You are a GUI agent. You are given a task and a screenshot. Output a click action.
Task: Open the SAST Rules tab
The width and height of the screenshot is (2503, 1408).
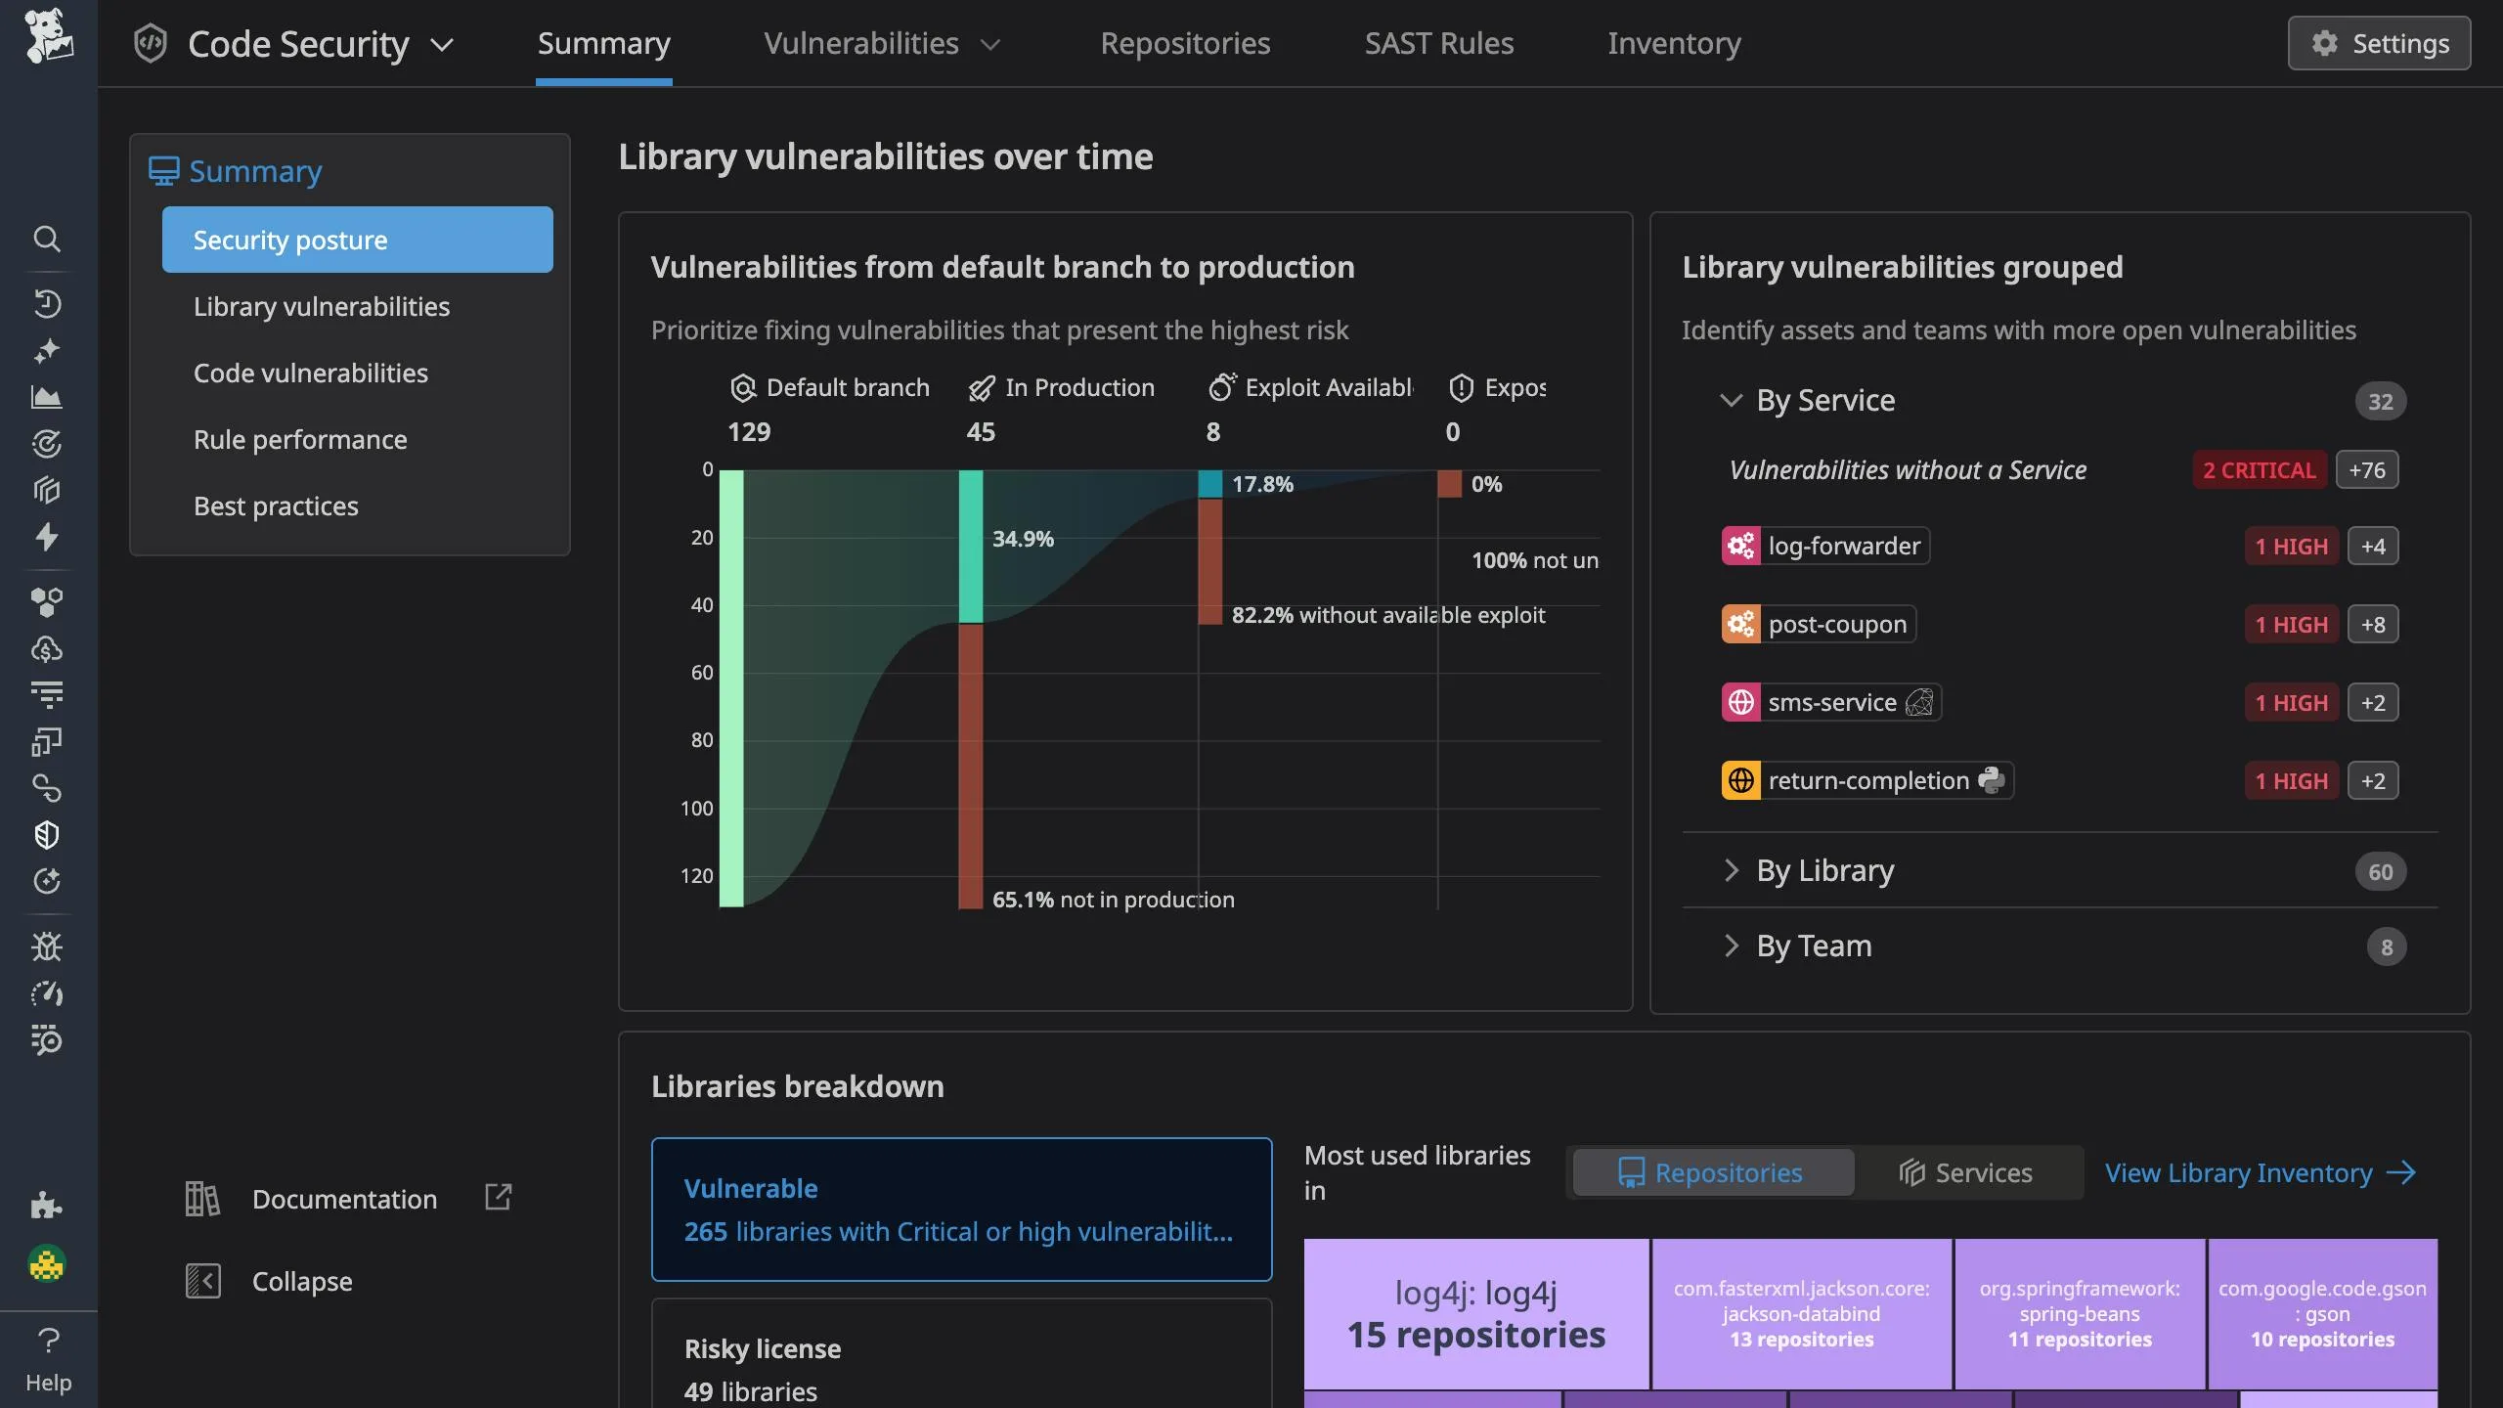tap(1438, 43)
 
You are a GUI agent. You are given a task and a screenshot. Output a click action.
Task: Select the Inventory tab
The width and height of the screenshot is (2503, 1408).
tap(1673, 43)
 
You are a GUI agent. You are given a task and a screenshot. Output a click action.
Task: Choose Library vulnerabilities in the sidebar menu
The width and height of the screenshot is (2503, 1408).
tap(321, 306)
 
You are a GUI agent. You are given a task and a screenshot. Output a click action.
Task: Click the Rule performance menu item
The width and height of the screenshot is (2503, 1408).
tap(299, 439)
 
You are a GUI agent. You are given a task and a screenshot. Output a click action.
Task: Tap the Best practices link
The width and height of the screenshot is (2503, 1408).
tap(276, 506)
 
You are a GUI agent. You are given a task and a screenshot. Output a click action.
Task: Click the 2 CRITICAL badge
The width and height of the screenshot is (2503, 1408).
tap(2259, 470)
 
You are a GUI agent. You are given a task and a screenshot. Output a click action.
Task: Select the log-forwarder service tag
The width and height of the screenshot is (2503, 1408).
tap(1825, 546)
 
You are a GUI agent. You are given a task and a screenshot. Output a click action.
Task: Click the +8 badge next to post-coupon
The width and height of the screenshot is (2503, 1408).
tap(2372, 625)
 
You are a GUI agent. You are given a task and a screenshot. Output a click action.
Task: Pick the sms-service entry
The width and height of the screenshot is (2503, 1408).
tap(1830, 702)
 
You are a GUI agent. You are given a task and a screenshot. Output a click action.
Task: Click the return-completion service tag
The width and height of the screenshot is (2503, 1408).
tap(1866, 780)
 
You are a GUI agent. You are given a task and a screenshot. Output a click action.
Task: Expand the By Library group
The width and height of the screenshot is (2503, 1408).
tap(1824, 870)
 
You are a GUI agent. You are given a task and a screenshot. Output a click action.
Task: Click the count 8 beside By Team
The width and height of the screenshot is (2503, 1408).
tap(2386, 946)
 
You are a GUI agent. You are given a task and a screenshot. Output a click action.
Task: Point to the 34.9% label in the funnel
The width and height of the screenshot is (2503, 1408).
tap(1023, 539)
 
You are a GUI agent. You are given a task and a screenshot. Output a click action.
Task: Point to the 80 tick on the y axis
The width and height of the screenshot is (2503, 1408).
tap(701, 740)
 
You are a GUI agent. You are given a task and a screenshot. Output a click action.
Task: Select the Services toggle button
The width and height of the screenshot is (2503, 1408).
tap(1966, 1172)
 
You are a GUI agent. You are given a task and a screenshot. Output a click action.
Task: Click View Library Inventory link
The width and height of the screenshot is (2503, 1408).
tap(2260, 1172)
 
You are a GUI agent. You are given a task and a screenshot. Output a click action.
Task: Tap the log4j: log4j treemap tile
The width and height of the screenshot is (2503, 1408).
tap(1475, 1313)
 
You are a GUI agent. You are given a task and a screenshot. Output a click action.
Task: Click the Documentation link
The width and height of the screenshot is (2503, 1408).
tap(344, 1199)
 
